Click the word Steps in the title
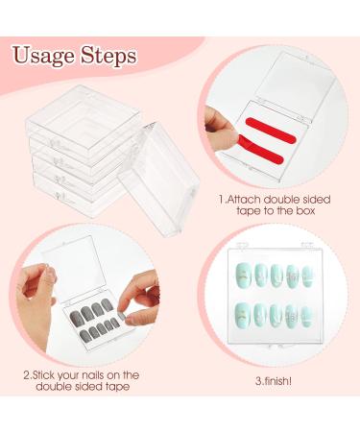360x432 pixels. pos(106,56)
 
